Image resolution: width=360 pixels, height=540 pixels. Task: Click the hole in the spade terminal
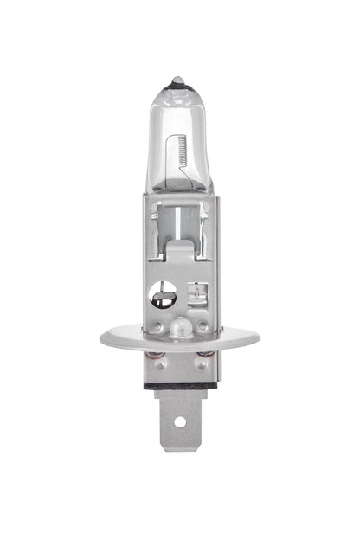coord(179,421)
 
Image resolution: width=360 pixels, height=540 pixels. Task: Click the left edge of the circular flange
coord(103,338)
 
